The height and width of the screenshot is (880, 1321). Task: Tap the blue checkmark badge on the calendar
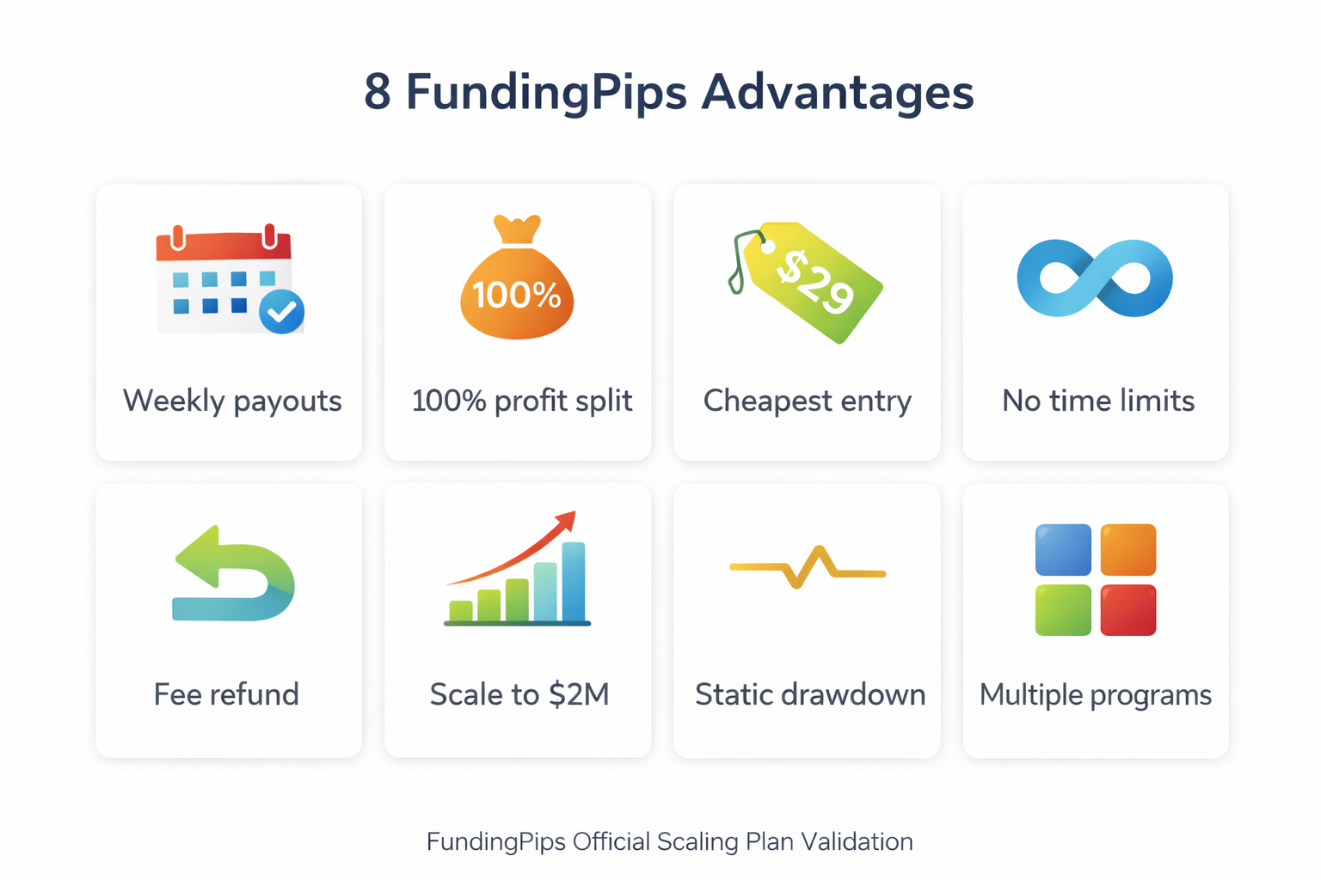pyautogui.click(x=281, y=311)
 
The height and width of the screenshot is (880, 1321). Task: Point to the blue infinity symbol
pyautogui.click(x=1095, y=278)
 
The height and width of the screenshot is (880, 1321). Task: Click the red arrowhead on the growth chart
pyautogui.click(x=565, y=521)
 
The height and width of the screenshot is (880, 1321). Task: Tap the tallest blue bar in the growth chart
pyautogui.click(x=574, y=582)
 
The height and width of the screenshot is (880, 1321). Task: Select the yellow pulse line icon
pyautogui.click(x=807, y=568)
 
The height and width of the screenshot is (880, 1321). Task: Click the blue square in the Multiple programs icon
pyautogui.click(x=1063, y=550)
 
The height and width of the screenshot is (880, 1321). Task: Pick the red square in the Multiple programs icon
pyautogui.click(x=1128, y=610)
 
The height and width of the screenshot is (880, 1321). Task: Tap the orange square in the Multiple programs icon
pyautogui.click(x=1128, y=550)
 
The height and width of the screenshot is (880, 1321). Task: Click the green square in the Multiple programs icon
pyautogui.click(x=1063, y=610)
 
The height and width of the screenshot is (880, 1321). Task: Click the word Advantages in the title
pyautogui.click(x=837, y=93)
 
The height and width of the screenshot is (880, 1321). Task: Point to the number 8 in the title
pyautogui.click(x=377, y=92)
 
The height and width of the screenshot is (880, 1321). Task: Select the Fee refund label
pyautogui.click(x=226, y=694)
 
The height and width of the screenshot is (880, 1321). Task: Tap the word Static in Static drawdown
pyautogui.click(x=733, y=694)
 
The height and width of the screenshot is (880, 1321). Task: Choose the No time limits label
pyautogui.click(x=1098, y=400)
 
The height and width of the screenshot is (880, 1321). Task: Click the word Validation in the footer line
pyautogui.click(x=857, y=841)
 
